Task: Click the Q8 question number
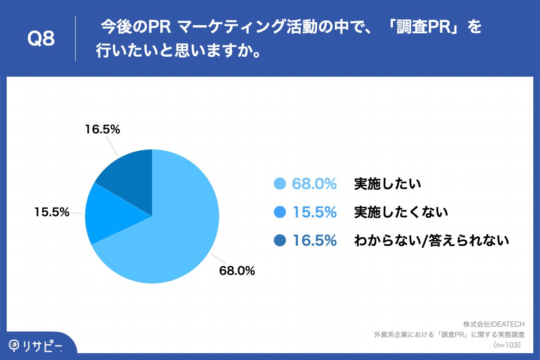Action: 41,39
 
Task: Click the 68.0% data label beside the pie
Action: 237,270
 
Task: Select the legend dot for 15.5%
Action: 280,212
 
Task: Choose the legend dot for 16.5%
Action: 280,241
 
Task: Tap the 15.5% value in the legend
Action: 315,212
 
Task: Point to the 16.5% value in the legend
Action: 315,241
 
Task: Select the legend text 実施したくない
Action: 401,212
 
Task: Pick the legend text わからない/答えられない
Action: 432,241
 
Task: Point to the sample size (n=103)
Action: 507,345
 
